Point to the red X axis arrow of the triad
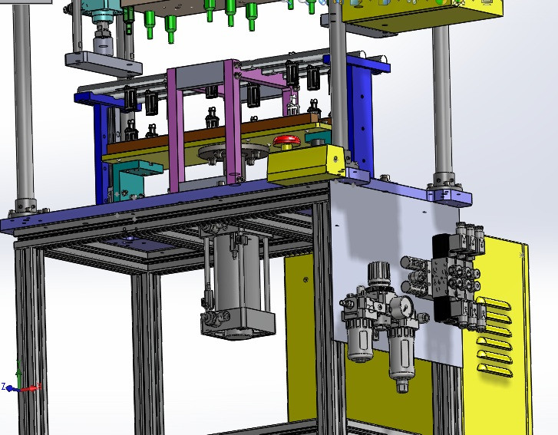[x=29, y=389]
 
